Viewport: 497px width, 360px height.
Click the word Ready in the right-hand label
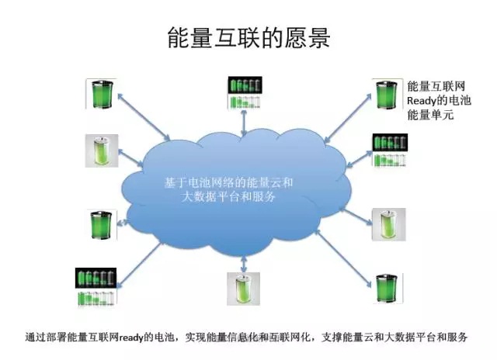tap(424, 101)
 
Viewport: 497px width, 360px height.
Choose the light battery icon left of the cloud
tap(102, 151)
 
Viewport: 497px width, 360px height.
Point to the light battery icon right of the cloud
tap(388, 223)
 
